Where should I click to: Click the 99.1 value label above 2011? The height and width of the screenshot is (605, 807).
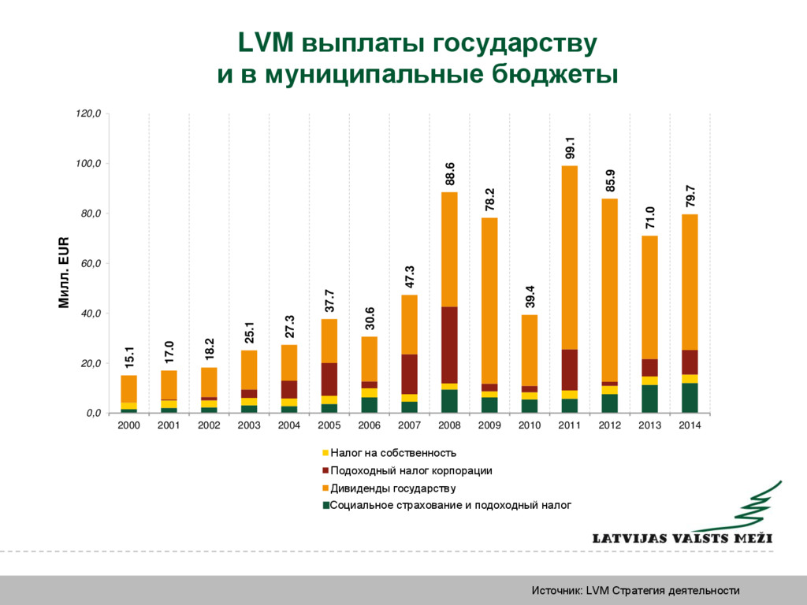click(570, 148)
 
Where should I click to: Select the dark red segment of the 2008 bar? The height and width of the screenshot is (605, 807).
click(449, 345)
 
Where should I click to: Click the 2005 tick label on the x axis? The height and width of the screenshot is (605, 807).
click(329, 425)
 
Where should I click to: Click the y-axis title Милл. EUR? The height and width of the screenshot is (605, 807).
click(64, 273)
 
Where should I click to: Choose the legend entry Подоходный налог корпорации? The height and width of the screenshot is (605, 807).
click(411, 471)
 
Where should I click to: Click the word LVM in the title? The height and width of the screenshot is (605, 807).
click(266, 43)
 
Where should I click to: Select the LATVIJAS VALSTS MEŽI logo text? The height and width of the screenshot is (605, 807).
click(682, 539)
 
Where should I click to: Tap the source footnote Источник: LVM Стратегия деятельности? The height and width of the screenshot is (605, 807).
click(635, 591)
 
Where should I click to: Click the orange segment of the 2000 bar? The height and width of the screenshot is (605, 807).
click(129, 389)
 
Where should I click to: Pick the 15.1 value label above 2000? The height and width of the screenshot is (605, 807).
click(129, 358)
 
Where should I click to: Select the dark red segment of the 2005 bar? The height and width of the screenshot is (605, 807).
click(329, 379)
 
